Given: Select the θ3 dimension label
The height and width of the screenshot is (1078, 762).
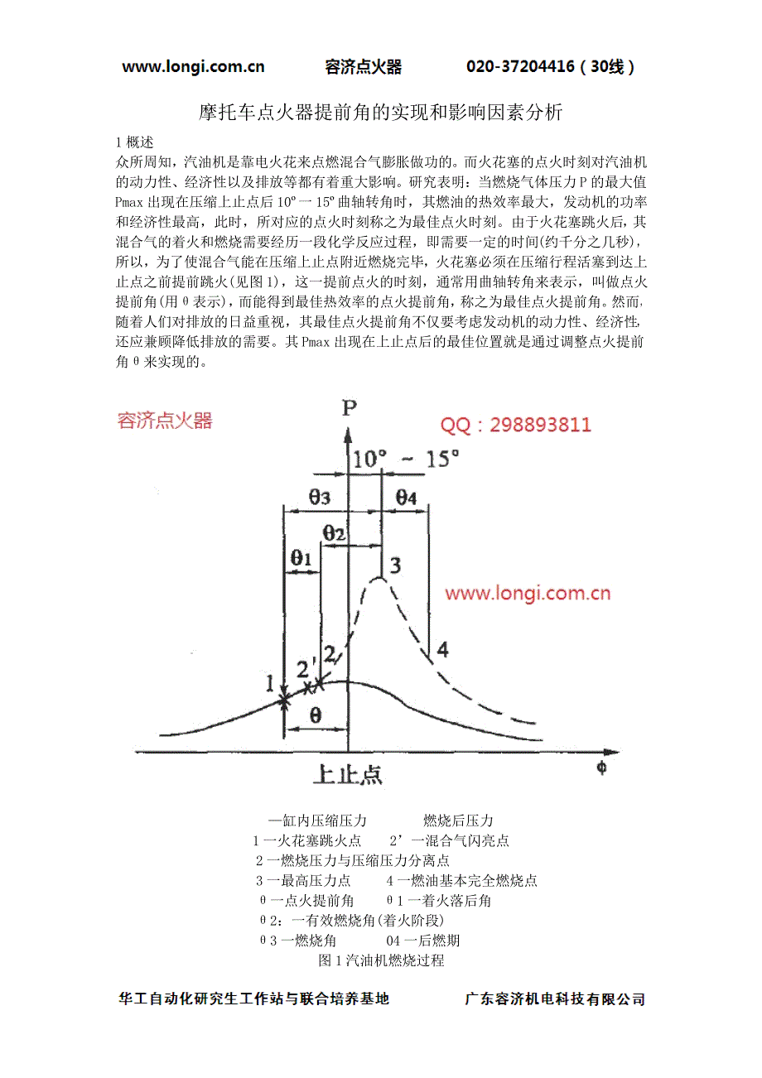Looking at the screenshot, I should coord(320,497).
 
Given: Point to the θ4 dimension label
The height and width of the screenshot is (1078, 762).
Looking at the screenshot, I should coord(407,497).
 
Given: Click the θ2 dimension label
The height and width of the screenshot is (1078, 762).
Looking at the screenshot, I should coord(334,534).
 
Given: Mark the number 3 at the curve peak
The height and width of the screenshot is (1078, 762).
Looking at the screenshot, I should coord(396,565).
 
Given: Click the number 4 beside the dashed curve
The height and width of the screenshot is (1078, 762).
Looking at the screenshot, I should coord(442,649).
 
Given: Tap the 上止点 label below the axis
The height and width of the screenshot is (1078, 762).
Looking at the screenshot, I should coord(348,774).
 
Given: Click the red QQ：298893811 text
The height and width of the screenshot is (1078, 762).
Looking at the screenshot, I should coord(515,426).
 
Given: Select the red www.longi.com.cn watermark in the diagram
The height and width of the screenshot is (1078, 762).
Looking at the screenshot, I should coord(528,593).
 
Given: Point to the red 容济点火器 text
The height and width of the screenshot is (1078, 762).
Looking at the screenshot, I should coord(165,421).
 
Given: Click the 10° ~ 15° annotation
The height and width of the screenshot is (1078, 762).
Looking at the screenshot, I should coord(406,460).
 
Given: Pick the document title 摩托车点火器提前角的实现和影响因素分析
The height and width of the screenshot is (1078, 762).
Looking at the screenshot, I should coord(381,113).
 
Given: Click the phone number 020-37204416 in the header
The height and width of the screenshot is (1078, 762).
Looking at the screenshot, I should coord(520,67).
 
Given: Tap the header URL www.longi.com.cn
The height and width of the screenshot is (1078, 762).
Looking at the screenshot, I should coord(193,67).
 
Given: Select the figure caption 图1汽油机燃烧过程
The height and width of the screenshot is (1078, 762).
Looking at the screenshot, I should coord(381,960).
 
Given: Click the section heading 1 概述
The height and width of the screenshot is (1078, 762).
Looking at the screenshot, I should coord(135,142).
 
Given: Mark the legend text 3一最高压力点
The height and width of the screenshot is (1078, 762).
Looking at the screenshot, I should coord(303,880).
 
